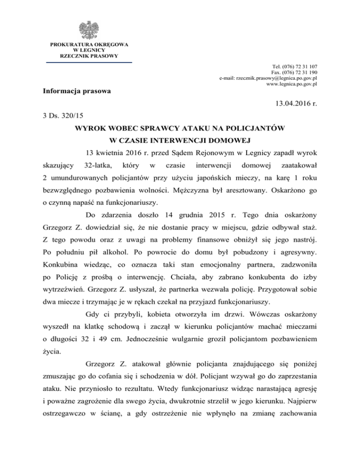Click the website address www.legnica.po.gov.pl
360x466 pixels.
[x=292, y=84]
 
